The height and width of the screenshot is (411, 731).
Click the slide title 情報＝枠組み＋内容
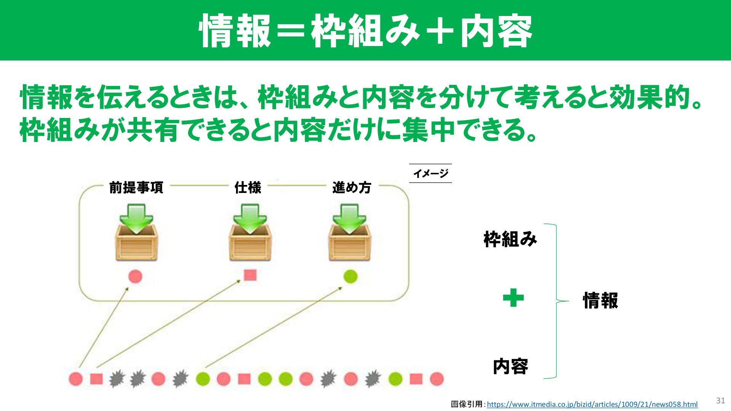tap(365, 30)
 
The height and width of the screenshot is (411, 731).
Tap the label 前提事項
tap(136, 188)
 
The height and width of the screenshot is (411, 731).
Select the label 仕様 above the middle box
tap(248, 188)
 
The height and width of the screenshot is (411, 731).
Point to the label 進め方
tap(351, 188)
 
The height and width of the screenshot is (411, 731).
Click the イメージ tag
tap(431, 174)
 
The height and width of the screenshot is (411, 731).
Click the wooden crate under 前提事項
tap(136, 244)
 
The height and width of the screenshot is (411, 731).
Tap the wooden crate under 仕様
tap(250, 244)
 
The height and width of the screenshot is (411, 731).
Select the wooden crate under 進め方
tap(350, 244)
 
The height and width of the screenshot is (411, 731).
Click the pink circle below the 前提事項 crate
tap(135, 276)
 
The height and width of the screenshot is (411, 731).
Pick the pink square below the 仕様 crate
tap(250, 275)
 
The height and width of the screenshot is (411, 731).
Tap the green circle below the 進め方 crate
tap(350, 276)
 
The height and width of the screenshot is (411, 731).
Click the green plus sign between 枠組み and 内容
tap(513, 298)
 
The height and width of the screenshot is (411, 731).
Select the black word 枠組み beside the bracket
tap(510, 239)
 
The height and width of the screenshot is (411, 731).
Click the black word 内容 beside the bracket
tap(510, 366)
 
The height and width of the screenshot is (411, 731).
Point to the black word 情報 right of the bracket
tap(600, 301)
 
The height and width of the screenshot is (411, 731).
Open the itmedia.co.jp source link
tap(592, 404)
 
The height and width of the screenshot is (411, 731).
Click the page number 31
tap(720, 400)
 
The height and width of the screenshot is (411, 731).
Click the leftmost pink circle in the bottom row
tap(76, 379)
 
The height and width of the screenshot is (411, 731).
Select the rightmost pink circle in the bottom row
tap(437, 379)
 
